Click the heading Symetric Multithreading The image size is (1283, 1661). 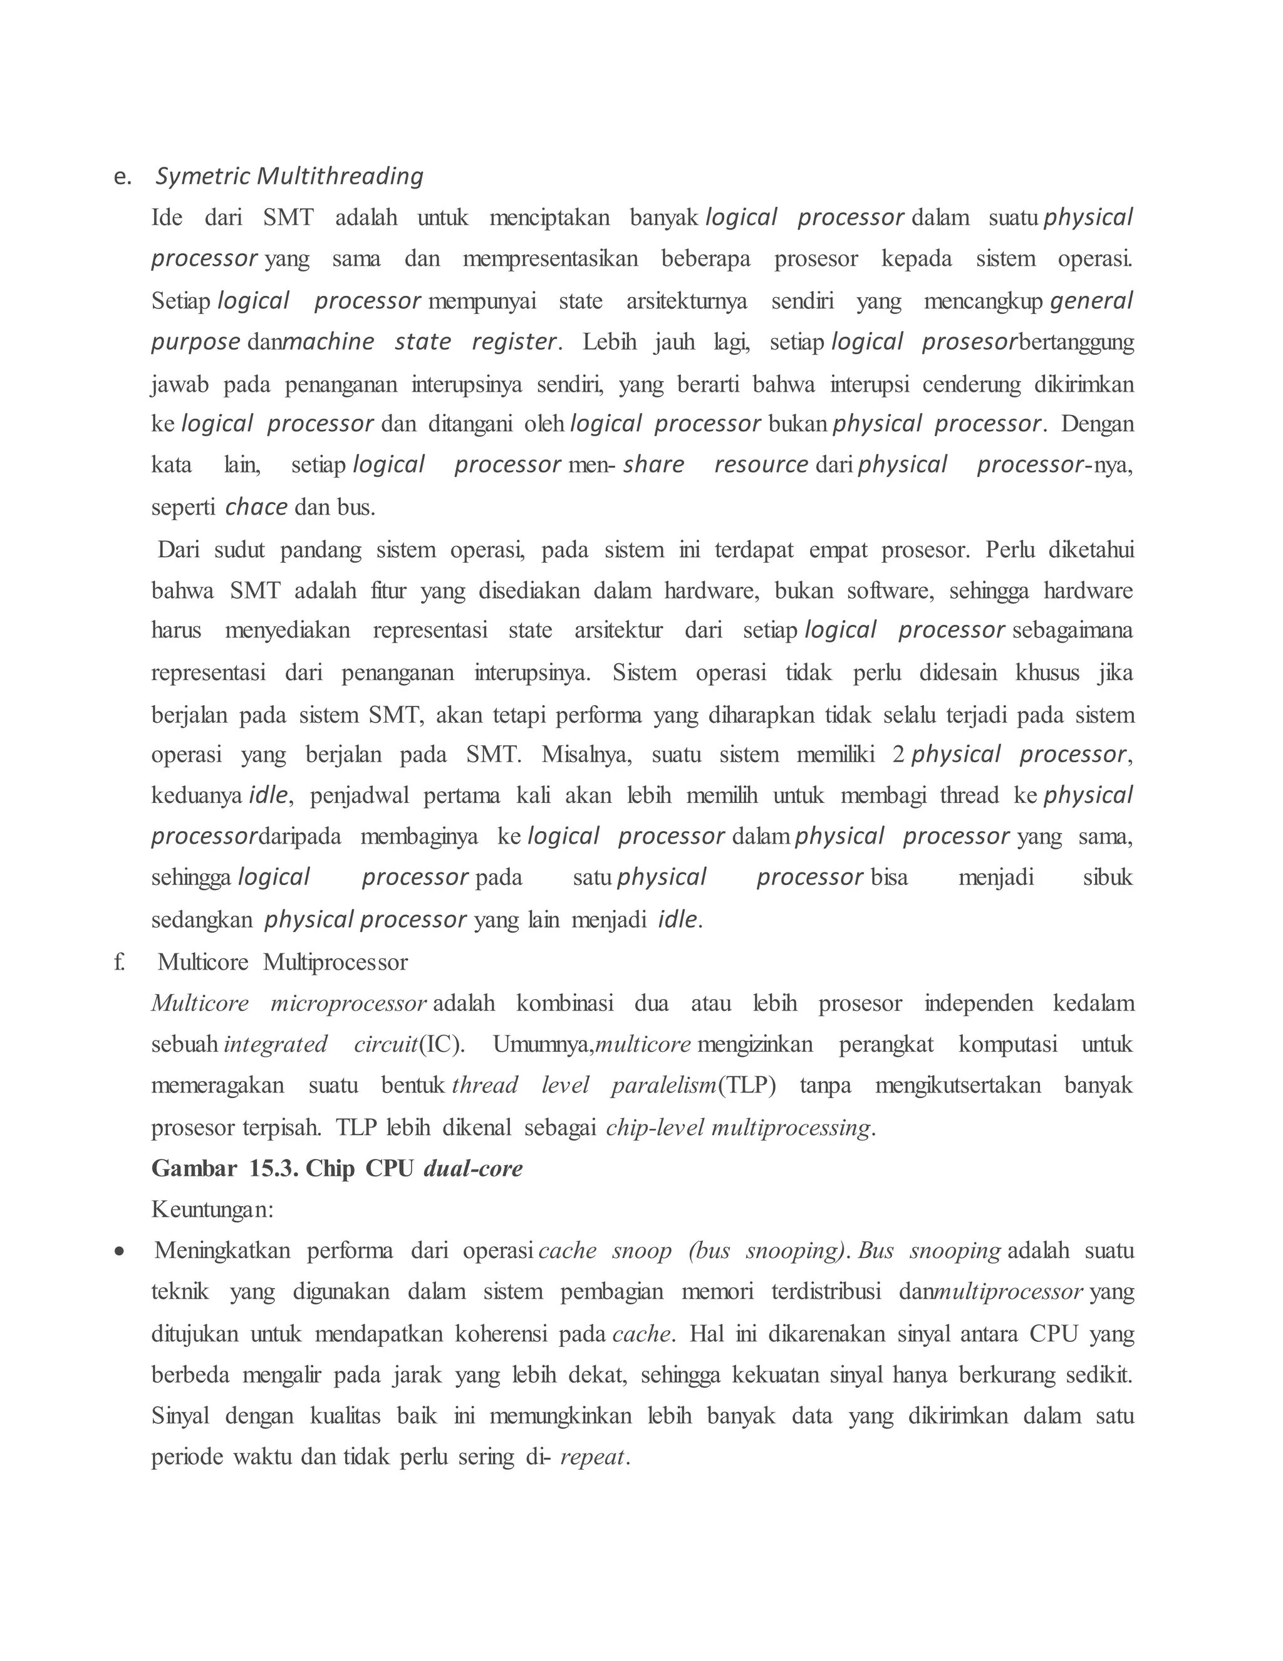coord(289,177)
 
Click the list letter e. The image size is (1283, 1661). coord(122,177)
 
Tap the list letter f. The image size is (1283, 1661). coord(119,962)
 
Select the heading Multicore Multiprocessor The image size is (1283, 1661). coord(282,962)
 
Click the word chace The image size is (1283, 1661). coord(256,506)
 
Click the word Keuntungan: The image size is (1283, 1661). coord(212,1209)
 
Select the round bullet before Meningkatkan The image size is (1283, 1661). coord(119,1251)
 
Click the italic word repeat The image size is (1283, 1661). coord(592,1457)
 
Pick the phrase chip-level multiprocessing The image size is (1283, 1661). coord(737,1127)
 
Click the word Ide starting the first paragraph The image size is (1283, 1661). coord(167,217)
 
